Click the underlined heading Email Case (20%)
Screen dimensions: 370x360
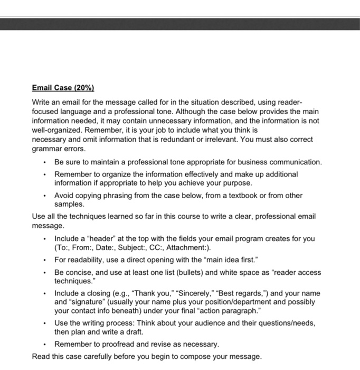coord(62,87)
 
